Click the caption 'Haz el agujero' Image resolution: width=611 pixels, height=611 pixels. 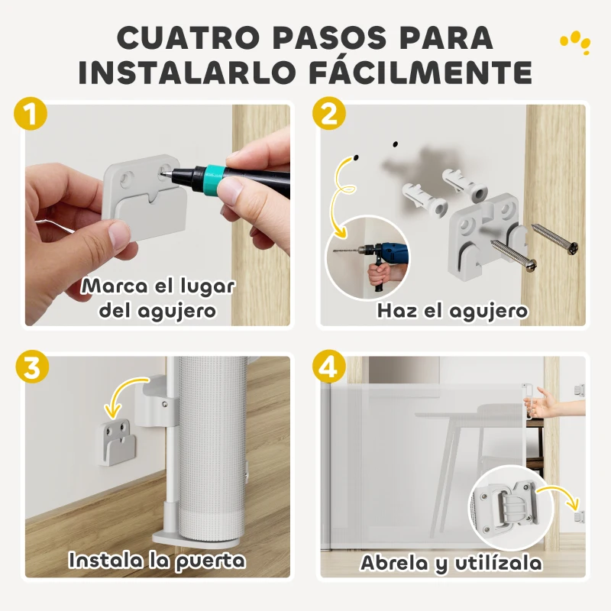point(452,311)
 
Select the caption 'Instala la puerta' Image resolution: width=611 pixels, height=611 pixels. point(157,560)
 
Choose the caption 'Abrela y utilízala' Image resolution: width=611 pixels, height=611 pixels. point(451,564)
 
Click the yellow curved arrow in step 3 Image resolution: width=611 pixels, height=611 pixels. point(130,390)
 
